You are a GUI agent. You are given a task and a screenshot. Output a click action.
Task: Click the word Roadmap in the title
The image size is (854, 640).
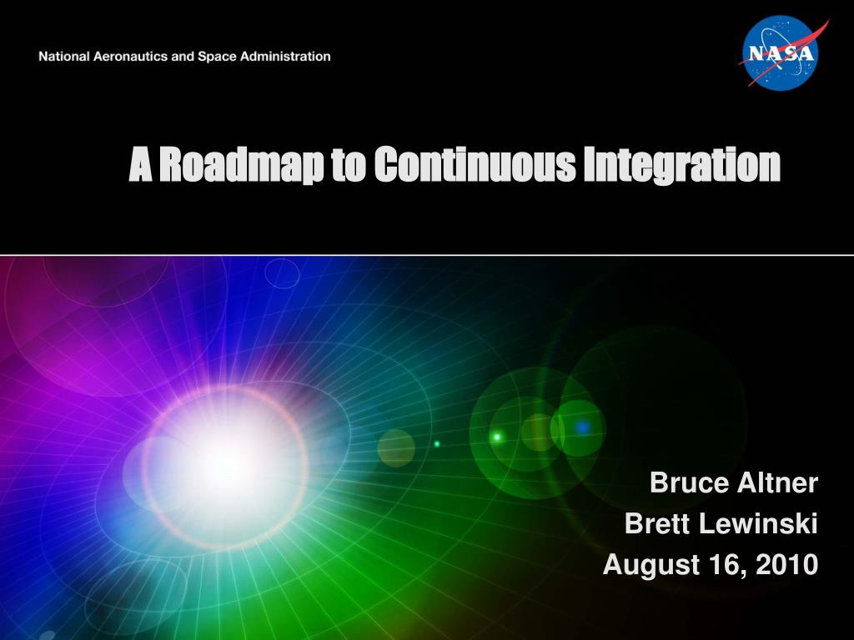point(240,164)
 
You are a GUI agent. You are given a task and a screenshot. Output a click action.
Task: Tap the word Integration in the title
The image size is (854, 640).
point(682,164)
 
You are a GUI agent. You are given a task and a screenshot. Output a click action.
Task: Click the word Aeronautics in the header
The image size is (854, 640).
point(131,57)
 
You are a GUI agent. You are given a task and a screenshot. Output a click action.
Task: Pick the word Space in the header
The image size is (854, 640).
point(217,57)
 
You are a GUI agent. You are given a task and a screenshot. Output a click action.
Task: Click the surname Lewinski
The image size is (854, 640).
point(758,523)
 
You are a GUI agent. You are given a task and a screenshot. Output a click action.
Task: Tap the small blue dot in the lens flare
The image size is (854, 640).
point(582,427)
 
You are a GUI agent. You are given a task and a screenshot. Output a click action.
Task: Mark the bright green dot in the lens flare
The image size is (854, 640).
point(497,437)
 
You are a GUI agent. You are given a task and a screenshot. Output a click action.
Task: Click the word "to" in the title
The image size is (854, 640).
point(348,166)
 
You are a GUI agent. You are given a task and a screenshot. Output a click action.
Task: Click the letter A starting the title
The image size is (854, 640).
point(140,164)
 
